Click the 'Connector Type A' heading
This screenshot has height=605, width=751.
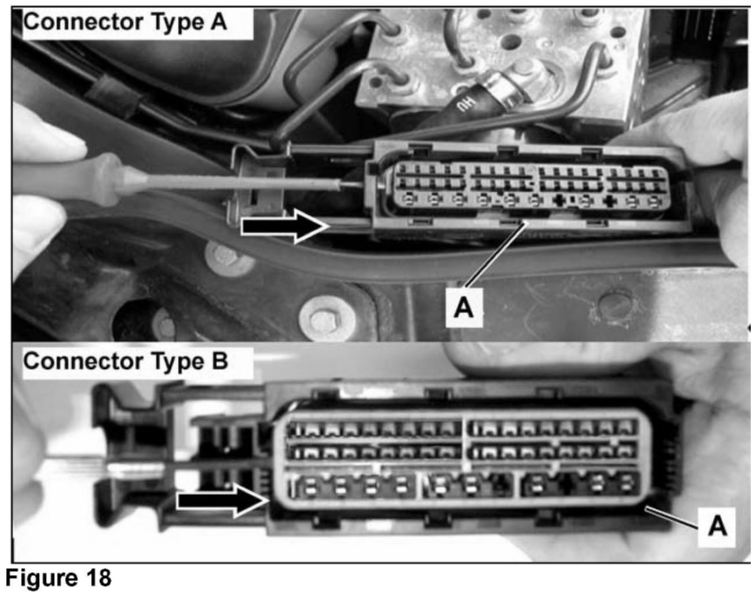click(x=125, y=22)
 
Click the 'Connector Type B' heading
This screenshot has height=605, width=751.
click(x=126, y=361)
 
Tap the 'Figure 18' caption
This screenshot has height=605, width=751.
click(x=58, y=578)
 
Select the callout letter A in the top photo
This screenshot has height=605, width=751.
click(x=463, y=307)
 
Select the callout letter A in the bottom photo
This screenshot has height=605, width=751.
click(x=717, y=527)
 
